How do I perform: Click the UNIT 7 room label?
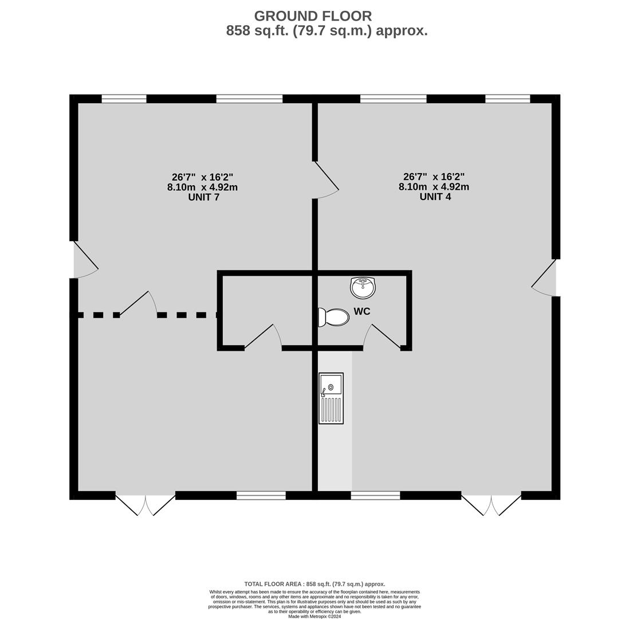(x=204, y=198)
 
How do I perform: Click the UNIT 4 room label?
(x=435, y=197)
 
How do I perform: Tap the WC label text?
(x=362, y=312)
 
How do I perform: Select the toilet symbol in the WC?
(x=333, y=318)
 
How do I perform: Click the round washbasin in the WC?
(x=363, y=288)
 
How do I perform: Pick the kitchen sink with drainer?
(x=331, y=398)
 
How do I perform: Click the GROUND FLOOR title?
(x=313, y=16)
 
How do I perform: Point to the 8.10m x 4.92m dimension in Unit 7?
(x=203, y=187)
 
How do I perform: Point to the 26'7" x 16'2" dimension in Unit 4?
(x=434, y=177)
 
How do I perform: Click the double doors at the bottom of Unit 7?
(x=145, y=505)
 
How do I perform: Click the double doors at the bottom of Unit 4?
(x=492, y=505)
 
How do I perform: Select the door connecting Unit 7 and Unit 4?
(x=326, y=180)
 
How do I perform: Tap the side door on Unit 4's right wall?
(x=544, y=278)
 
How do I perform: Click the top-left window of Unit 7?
(x=124, y=99)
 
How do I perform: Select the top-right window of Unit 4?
(x=508, y=99)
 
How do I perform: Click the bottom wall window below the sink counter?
(x=375, y=496)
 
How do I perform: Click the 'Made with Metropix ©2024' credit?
(x=314, y=616)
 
